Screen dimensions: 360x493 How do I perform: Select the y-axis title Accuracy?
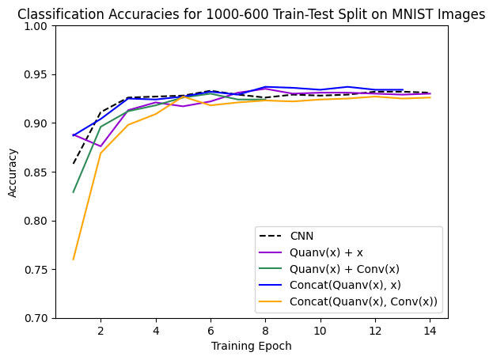(13, 172)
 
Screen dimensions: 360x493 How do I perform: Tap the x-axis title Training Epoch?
(252, 346)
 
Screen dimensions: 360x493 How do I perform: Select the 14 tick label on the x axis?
(430, 330)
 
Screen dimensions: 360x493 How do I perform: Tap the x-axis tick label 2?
(100, 330)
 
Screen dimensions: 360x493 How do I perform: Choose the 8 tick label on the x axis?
(265, 330)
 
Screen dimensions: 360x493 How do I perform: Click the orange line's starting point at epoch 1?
(74, 260)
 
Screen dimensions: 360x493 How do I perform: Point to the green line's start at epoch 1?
(74, 192)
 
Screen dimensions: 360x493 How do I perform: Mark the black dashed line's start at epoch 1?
(74, 164)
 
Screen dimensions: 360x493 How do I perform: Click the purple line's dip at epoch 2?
(100, 146)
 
